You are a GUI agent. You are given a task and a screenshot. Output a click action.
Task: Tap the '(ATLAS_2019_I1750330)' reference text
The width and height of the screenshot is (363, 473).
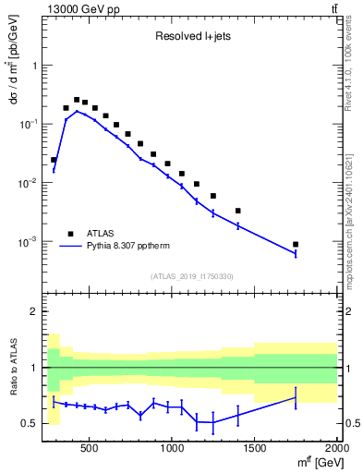[x=192, y=276]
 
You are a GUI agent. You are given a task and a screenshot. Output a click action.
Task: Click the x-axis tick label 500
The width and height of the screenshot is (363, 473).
[x=90, y=447]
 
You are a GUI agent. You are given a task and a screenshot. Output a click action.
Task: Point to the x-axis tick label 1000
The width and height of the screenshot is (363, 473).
[x=173, y=447]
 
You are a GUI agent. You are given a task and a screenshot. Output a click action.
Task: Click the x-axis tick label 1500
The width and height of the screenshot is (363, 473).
[x=256, y=447]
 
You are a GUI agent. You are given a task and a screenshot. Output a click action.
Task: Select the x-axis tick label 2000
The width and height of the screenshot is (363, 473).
[x=337, y=447]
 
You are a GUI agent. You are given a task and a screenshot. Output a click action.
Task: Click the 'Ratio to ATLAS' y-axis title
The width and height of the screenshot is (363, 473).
[x=16, y=367]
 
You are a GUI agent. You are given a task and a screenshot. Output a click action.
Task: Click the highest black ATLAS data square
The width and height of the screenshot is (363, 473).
[x=77, y=100]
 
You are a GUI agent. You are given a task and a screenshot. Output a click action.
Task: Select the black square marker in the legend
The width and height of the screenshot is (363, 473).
[x=70, y=235]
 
